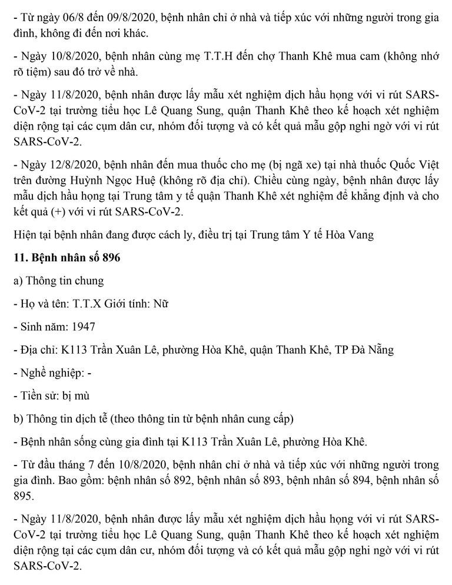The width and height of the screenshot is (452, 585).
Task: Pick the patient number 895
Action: [x=22, y=496]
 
